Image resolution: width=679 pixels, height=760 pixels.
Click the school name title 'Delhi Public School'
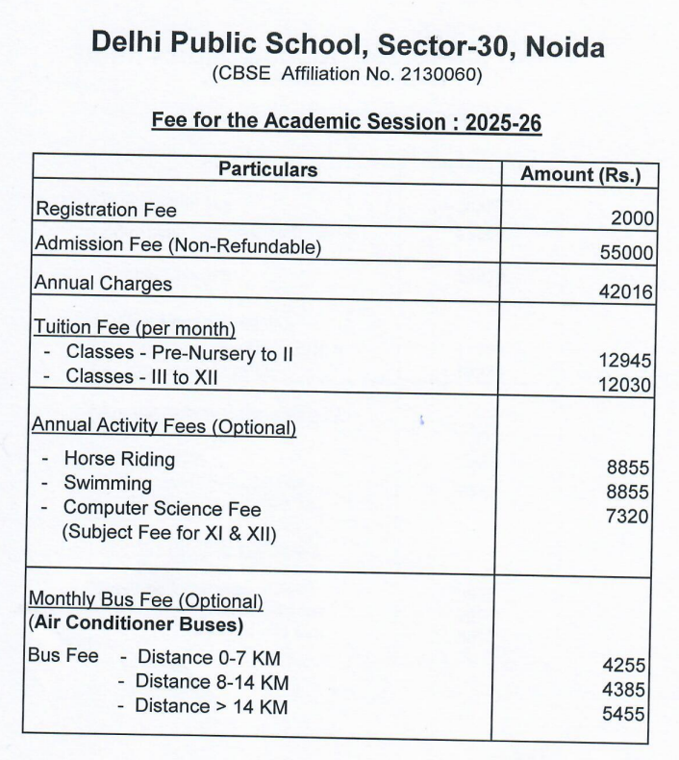230,44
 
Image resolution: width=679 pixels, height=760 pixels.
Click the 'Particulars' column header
267,170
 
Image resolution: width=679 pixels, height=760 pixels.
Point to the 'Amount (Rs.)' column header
580,174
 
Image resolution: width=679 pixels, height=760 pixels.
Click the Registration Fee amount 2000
632,218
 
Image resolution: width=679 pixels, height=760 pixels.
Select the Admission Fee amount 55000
626,254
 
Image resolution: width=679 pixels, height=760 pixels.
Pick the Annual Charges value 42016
626,292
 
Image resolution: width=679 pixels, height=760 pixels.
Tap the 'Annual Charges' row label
103,284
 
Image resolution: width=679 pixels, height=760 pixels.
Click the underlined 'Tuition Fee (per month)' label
135,328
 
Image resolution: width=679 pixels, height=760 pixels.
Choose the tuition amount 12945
625,361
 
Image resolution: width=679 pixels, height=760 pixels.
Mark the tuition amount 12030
625,385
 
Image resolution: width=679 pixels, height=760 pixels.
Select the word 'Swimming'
108,483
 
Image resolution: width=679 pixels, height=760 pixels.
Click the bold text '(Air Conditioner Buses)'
136,624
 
